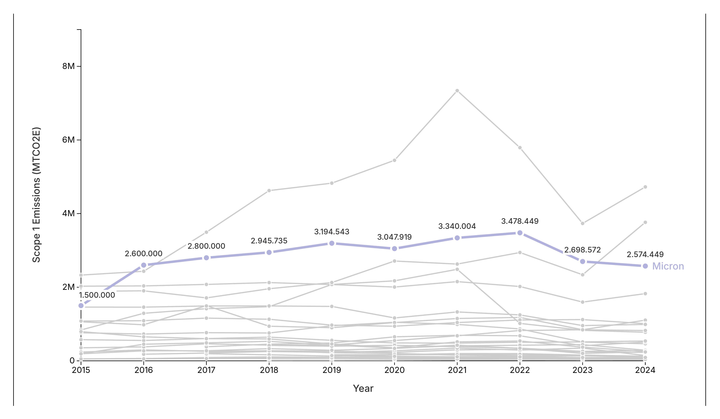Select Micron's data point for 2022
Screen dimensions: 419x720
520,233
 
